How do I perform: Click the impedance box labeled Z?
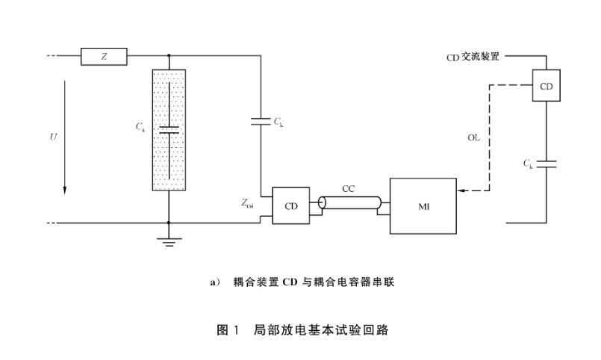tap(104, 56)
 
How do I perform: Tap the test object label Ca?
tap(140, 127)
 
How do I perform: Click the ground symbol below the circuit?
tap(169, 240)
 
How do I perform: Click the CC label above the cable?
tap(349, 188)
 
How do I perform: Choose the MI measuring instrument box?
tap(423, 205)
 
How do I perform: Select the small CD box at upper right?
tap(546, 87)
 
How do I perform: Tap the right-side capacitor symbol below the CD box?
tap(546, 164)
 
